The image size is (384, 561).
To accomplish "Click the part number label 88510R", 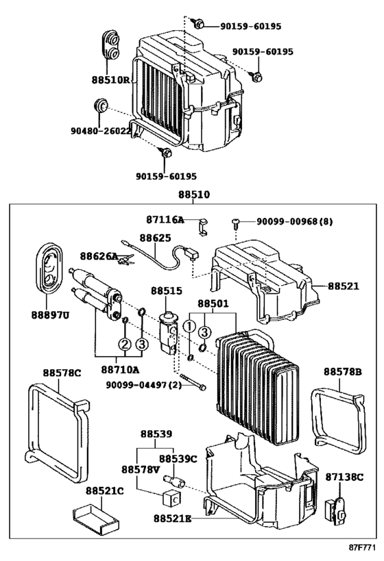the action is click(x=110, y=79).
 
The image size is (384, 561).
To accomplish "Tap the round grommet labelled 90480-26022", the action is click(x=100, y=105).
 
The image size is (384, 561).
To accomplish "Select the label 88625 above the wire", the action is click(x=155, y=238).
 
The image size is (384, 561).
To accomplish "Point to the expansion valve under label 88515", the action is click(x=168, y=334).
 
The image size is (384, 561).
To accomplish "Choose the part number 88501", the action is click(x=213, y=303).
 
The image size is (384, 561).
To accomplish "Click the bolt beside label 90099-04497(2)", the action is click(x=193, y=382).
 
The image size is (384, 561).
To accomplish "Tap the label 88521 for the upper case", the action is click(x=343, y=286).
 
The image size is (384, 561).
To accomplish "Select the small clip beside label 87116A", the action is click(x=202, y=227).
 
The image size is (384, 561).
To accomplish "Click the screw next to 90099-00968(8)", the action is click(x=236, y=223).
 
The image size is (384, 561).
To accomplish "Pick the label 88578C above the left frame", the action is click(x=62, y=373).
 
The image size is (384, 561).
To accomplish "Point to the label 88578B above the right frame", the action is click(x=342, y=372).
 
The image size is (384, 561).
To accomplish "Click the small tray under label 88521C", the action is click(x=95, y=517).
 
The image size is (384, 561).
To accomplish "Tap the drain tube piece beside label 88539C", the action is click(x=173, y=480).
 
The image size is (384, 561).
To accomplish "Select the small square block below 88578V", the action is click(x=171, y=498).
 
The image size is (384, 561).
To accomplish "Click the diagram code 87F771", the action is click(x=363, y=547).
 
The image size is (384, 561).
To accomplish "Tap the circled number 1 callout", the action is click(x=189, y=326).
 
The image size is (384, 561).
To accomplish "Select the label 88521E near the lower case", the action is click(x=173, y=518).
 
